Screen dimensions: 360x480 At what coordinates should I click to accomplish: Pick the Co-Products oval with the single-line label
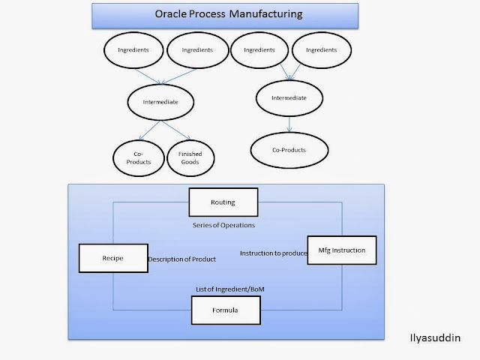coord(289,149)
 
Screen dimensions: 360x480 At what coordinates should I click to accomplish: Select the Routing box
coord(222,202)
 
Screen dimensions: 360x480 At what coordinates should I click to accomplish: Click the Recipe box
coord(112,259)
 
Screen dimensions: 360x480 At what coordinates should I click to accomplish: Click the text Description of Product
coord(181,259)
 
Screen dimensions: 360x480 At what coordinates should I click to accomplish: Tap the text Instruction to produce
coord(274,253)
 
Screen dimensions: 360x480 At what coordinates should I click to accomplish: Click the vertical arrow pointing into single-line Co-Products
coord(289,123)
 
